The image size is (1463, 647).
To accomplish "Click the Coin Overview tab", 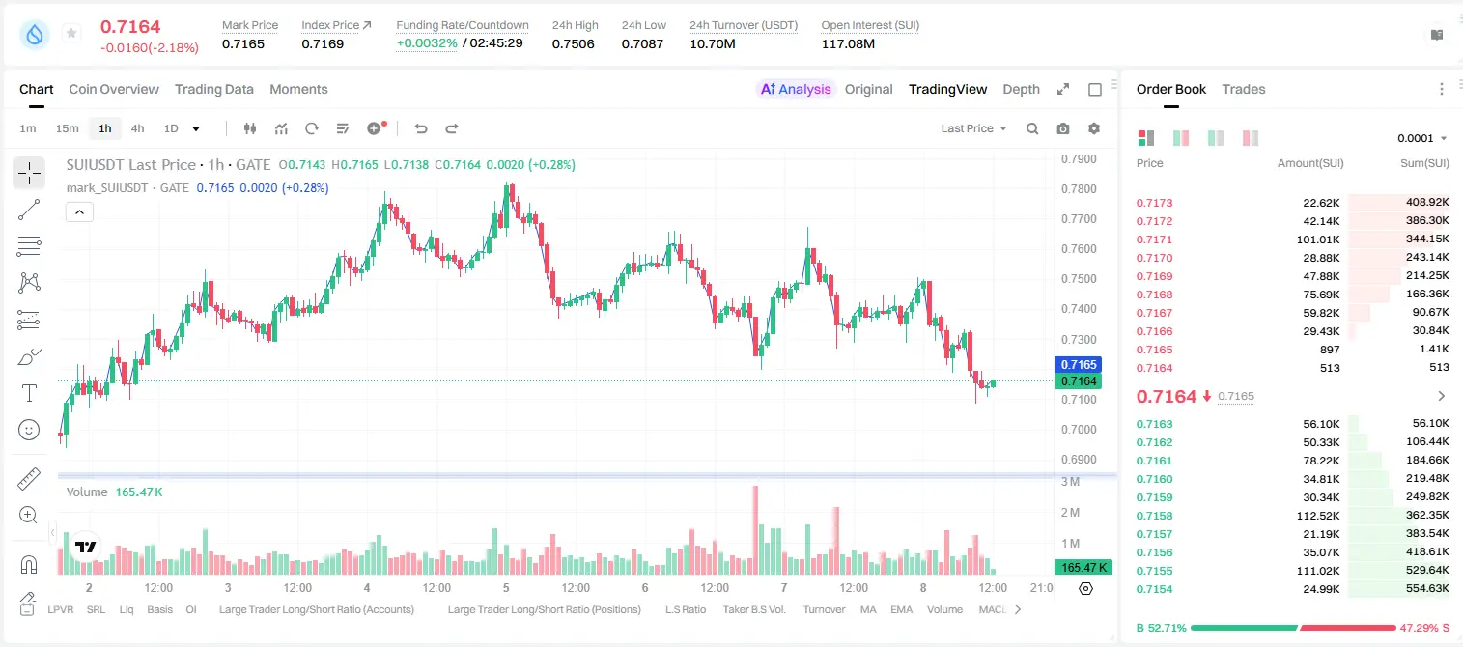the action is [x=114, y=89].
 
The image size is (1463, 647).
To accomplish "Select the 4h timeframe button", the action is [x=137, y=128].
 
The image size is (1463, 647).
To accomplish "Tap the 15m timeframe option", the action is [x=68, y=128].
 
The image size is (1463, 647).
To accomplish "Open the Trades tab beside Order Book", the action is [x=1244, y=89].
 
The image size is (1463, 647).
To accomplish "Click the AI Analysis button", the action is [x=796, y=89].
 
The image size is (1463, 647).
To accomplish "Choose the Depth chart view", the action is [x=1021, y=89].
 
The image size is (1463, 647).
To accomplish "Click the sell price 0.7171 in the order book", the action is [x=1154, y=239].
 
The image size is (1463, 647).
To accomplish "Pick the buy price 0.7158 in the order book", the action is [x=1154, y=516].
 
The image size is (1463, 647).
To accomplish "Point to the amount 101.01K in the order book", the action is [x=1318, y=239].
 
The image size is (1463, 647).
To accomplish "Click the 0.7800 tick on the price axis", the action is [x=1079, y=188].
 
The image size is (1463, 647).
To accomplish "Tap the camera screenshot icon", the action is [x=1063, y=128].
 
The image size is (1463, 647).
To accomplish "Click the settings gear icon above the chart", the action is [x=1094, y=128].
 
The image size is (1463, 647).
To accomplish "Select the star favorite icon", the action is [x=71, y=33].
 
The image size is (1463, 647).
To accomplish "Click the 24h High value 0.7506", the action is [x=573, y=43].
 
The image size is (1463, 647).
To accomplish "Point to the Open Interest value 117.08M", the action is [x=848, y=43].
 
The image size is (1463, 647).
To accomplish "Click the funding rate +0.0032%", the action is [x=427, y=43].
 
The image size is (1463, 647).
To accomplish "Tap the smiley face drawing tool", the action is [x=29, y=430].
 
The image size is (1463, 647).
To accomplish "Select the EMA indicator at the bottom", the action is [x=901, y=609].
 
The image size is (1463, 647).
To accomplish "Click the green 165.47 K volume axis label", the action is [x=1083, y=568].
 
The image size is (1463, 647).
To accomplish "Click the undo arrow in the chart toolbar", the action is [x=421, y=128].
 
